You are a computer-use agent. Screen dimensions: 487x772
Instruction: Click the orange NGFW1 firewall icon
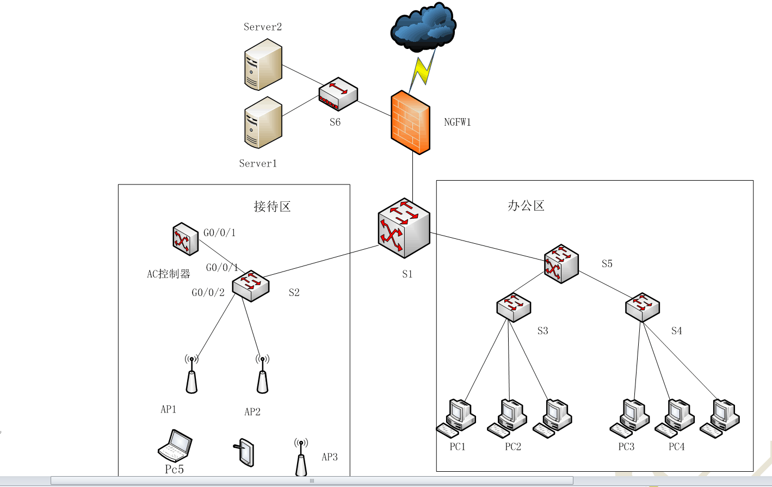point(410,123)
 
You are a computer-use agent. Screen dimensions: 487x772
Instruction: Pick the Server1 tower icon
point(263,123)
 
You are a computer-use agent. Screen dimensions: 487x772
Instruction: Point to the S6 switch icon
point(338,94)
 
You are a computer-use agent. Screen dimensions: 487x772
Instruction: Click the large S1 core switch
point(404,227)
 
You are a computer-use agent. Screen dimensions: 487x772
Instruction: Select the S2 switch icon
point(251,285)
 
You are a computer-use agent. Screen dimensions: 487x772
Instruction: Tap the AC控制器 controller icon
point(186,238)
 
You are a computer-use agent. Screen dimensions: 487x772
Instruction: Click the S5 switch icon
point(561,264)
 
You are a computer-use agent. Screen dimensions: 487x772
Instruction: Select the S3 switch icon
point(514,307)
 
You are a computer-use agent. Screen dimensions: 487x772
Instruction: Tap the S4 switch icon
point(643,307)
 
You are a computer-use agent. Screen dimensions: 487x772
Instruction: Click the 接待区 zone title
point(272,207)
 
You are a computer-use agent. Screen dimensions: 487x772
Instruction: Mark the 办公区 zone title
point(526,206)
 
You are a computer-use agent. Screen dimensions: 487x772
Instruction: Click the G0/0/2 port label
point(208,293)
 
